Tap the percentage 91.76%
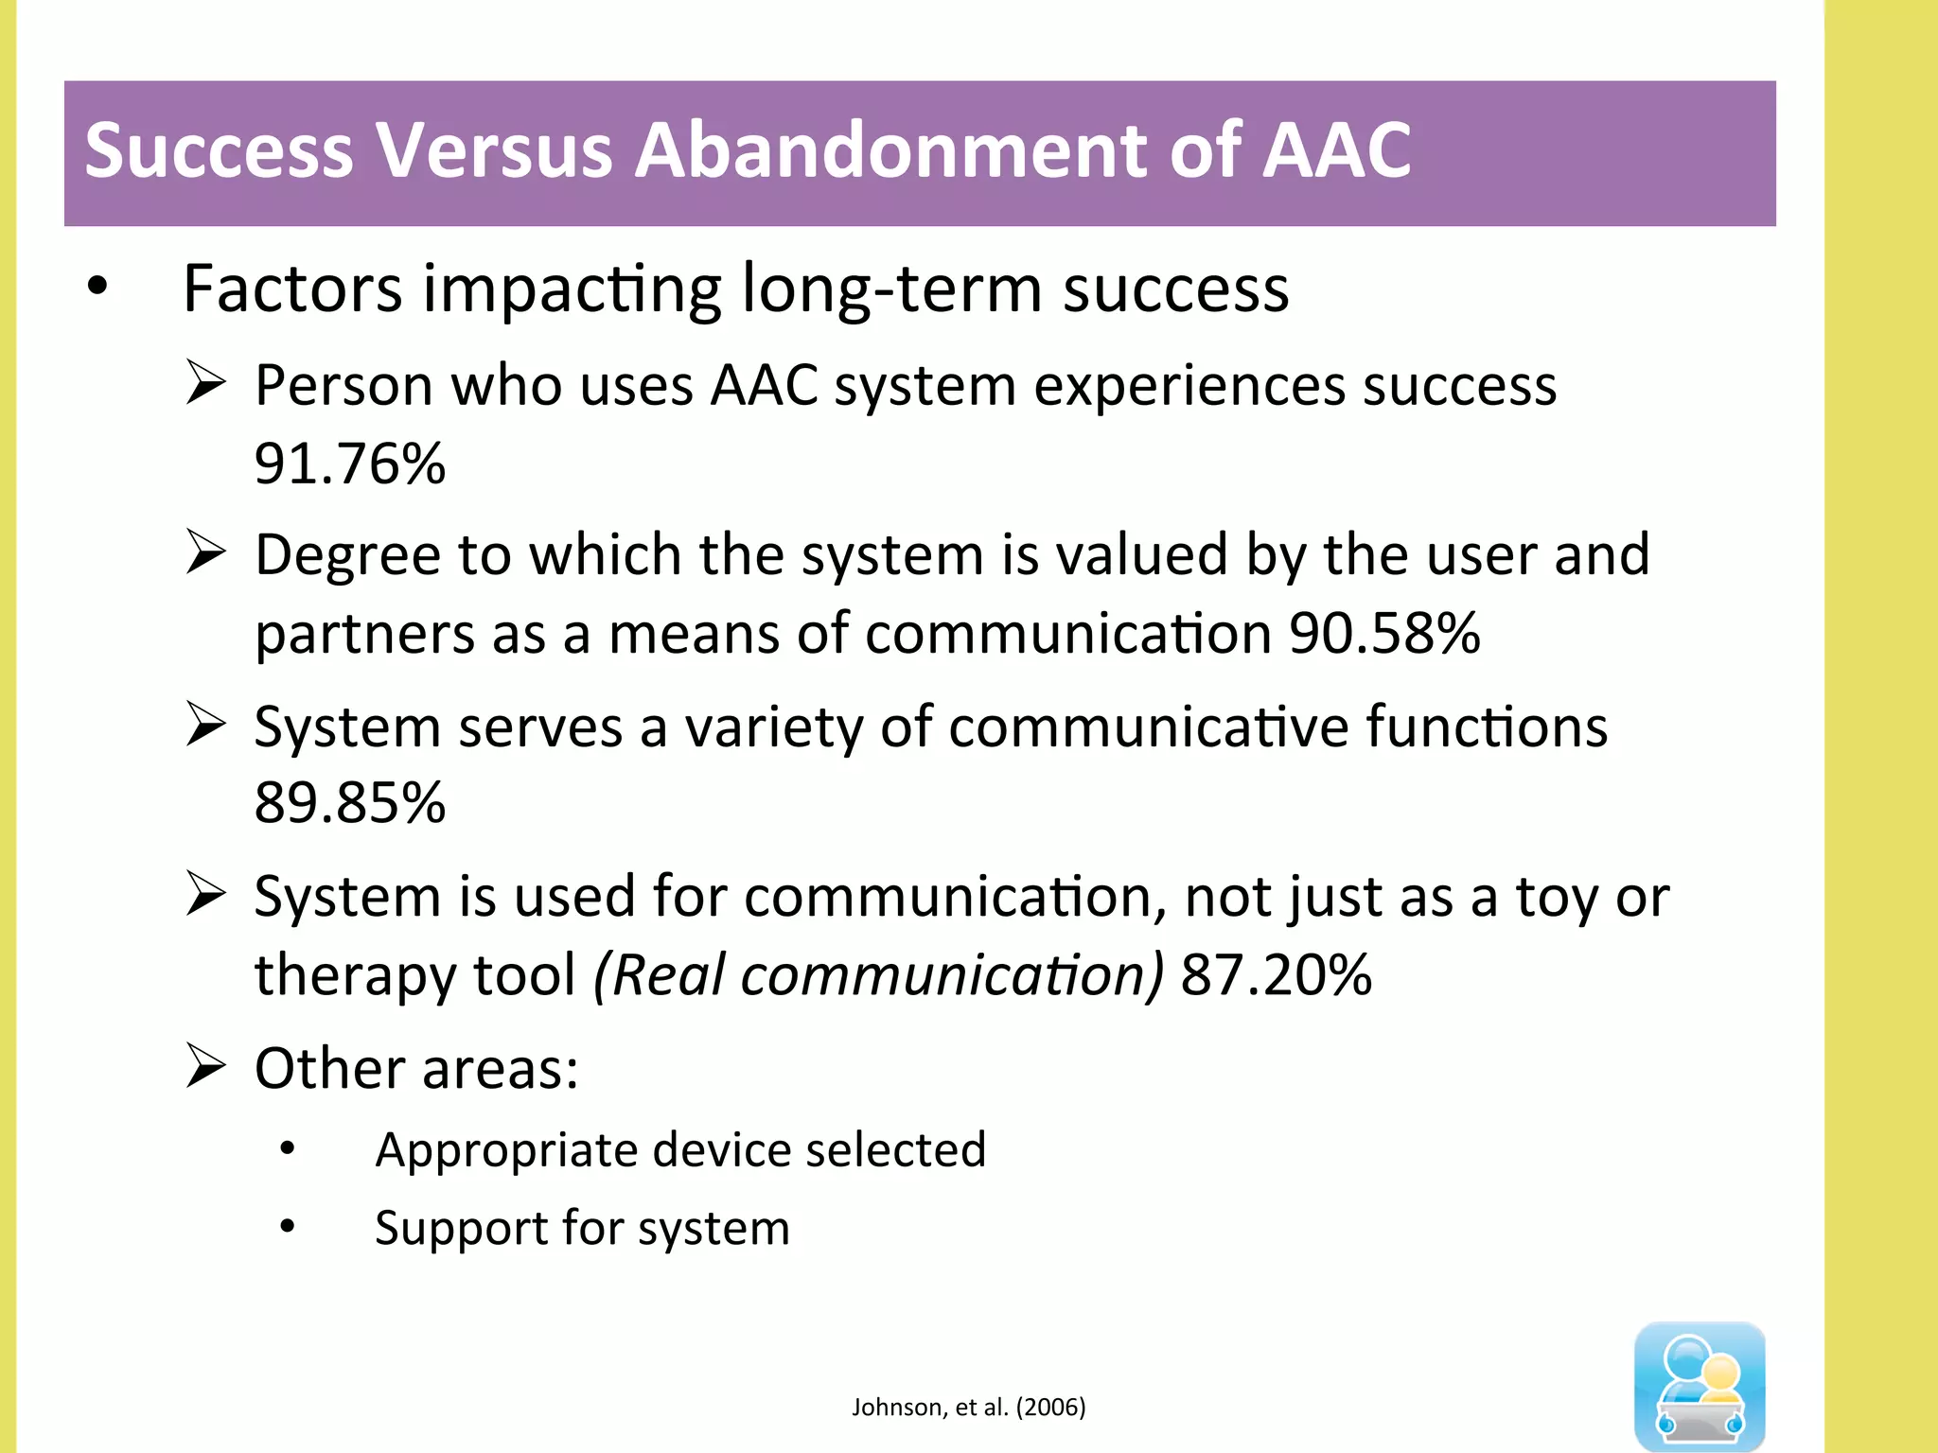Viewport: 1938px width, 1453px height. (349, 464)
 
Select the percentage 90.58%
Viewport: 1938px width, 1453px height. (1383, 633)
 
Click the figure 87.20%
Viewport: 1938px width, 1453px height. (1276, 974)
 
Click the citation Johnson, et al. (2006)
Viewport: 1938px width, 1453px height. (968, 1407)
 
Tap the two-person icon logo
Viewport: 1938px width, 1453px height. (1699, 1385)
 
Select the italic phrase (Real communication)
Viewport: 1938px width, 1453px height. (878, 974)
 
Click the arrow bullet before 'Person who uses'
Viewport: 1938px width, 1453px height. (205, 383)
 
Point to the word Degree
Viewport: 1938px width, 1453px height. (347, 555)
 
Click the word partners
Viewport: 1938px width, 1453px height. (364, 633)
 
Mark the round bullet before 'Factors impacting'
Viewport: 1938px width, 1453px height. (97, 287)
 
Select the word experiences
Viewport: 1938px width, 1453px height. (1189, 386)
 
